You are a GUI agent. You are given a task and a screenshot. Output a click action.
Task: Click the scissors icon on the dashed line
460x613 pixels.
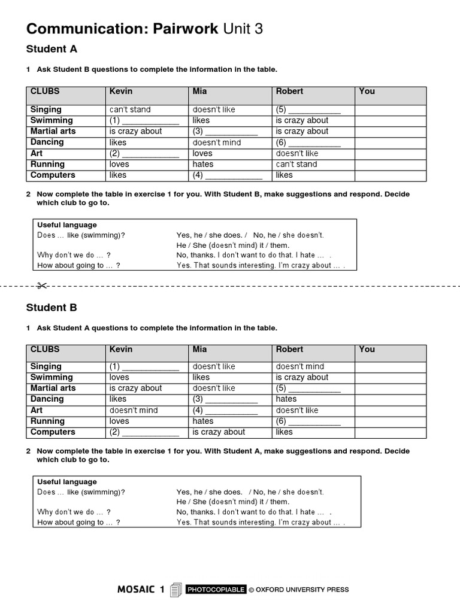pos(42,286)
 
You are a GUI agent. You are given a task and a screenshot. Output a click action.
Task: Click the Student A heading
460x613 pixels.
pos(52,49)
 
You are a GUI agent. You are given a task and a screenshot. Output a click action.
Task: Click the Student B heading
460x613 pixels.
pos(52,308)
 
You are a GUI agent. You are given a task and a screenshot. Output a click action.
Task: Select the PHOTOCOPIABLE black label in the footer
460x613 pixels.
pos(216,590)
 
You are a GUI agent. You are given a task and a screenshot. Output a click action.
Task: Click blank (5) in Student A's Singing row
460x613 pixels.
pos(308,110)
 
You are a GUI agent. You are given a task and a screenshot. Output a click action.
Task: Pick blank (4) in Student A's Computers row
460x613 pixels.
pos(227,175)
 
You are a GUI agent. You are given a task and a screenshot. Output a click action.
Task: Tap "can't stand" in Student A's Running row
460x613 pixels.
pos(296,164)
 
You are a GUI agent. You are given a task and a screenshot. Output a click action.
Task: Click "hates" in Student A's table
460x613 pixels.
pos(203,164)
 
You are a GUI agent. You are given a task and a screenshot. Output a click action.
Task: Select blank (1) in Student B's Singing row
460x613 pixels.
pos(144,366)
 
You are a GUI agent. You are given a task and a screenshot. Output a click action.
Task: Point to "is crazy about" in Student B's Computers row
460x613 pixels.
pos(219,432)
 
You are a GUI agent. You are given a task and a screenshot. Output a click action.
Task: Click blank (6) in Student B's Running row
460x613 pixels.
pos(308,421)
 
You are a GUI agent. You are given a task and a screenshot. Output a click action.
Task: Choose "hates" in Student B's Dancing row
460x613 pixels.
pos(286,399)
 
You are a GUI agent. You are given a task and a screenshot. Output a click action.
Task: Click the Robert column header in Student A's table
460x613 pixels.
pos(289,92)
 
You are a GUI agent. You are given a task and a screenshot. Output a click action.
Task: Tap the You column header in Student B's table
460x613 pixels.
pos(367,349)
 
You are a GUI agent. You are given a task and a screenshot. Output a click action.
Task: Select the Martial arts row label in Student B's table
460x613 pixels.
pos(53,388)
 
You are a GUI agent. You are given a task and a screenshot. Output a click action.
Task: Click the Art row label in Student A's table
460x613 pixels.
pos(37,153)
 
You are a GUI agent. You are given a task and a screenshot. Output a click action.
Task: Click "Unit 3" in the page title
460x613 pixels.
pos(243,29)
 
